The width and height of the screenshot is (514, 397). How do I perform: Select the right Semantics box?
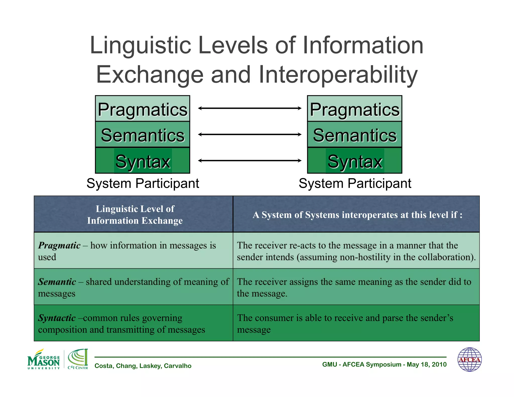click(x=354, y=135)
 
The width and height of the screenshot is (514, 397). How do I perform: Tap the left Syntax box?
click(x=142, y=161)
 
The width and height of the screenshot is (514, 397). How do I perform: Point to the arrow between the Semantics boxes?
click(x=250, y=135)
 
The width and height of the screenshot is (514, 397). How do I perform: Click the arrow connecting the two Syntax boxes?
click(x=250, y=161)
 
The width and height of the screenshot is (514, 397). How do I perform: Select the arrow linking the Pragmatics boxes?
click(x=250, y=108)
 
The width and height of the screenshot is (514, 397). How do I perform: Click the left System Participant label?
click(x=143, y=183)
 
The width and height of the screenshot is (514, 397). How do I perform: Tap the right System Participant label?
click(x=355, y=183)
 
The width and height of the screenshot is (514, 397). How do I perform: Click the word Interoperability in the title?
click(x=338, y=75)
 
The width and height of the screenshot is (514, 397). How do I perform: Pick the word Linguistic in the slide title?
click(x=141, y=45)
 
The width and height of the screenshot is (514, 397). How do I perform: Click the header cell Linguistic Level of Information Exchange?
click(x=135, y=215)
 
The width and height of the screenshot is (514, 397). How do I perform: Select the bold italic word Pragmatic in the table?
click(x=59, y=245)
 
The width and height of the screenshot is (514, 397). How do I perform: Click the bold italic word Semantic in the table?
click(x=57, y=282)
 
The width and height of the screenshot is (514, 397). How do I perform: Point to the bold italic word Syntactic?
click(x=57, y=318)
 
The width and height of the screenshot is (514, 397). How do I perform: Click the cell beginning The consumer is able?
click(x=356, y=323)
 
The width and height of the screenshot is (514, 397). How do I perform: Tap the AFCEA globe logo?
click(x=469, y=359)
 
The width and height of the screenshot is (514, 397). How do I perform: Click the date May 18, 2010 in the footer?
click(x=426, y=364)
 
